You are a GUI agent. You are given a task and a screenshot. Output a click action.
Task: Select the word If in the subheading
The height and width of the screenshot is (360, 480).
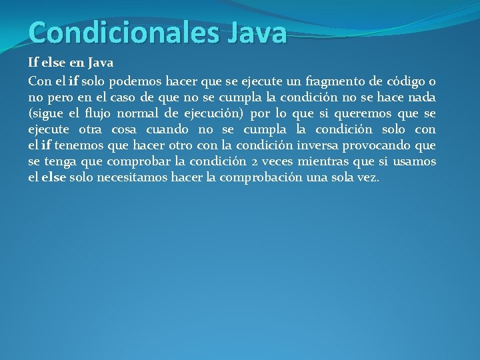33,63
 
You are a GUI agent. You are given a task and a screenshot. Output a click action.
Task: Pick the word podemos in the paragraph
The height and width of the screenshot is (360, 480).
139,81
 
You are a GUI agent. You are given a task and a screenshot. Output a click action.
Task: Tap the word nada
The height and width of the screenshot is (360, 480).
421,97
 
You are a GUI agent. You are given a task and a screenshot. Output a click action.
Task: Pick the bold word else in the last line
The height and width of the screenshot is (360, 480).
53,177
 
